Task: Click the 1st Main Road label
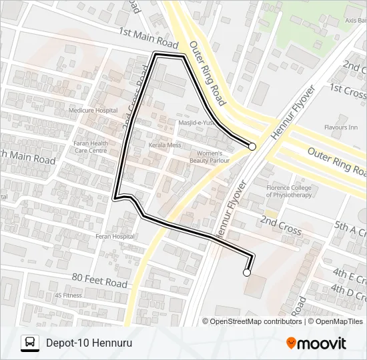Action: [x=149, y=38]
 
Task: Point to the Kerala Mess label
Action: [x=165, y=145]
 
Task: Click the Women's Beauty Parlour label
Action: [x=210, y=157]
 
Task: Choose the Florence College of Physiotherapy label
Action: [x=289, y=191]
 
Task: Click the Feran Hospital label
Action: [x=115, y=237]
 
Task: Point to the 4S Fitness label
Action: [x=68, y=295]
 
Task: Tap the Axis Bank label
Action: [x=355, y=20]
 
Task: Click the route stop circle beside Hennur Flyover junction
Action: [x=252, y=147]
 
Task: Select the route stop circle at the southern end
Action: [x=247, y=272]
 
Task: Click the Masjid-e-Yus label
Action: [x=194, y=123]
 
